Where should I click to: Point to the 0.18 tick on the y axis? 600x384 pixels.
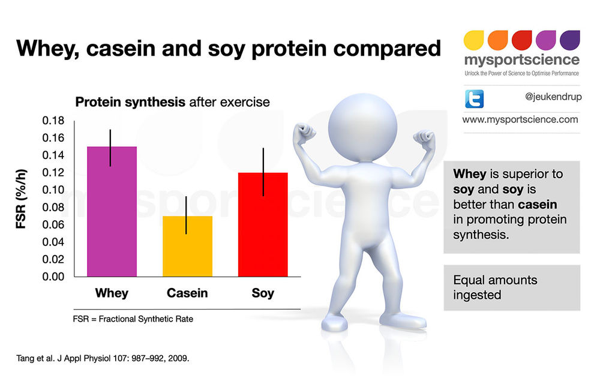(53, 121)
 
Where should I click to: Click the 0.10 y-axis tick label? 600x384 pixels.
(53, 190)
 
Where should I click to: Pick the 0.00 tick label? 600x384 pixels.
(53, 277)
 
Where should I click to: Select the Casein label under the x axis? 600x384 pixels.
(187, 293)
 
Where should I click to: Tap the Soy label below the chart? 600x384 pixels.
(263, 293)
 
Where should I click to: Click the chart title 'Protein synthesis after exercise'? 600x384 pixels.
(172, 103)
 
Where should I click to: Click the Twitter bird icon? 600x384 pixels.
(474, 98)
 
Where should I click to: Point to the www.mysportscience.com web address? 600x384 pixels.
(520, 119)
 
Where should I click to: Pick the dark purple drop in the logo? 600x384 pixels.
(569, 40)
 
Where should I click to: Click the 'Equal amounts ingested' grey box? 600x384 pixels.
(512, 287)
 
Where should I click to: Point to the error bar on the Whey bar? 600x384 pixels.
(111, 148)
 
